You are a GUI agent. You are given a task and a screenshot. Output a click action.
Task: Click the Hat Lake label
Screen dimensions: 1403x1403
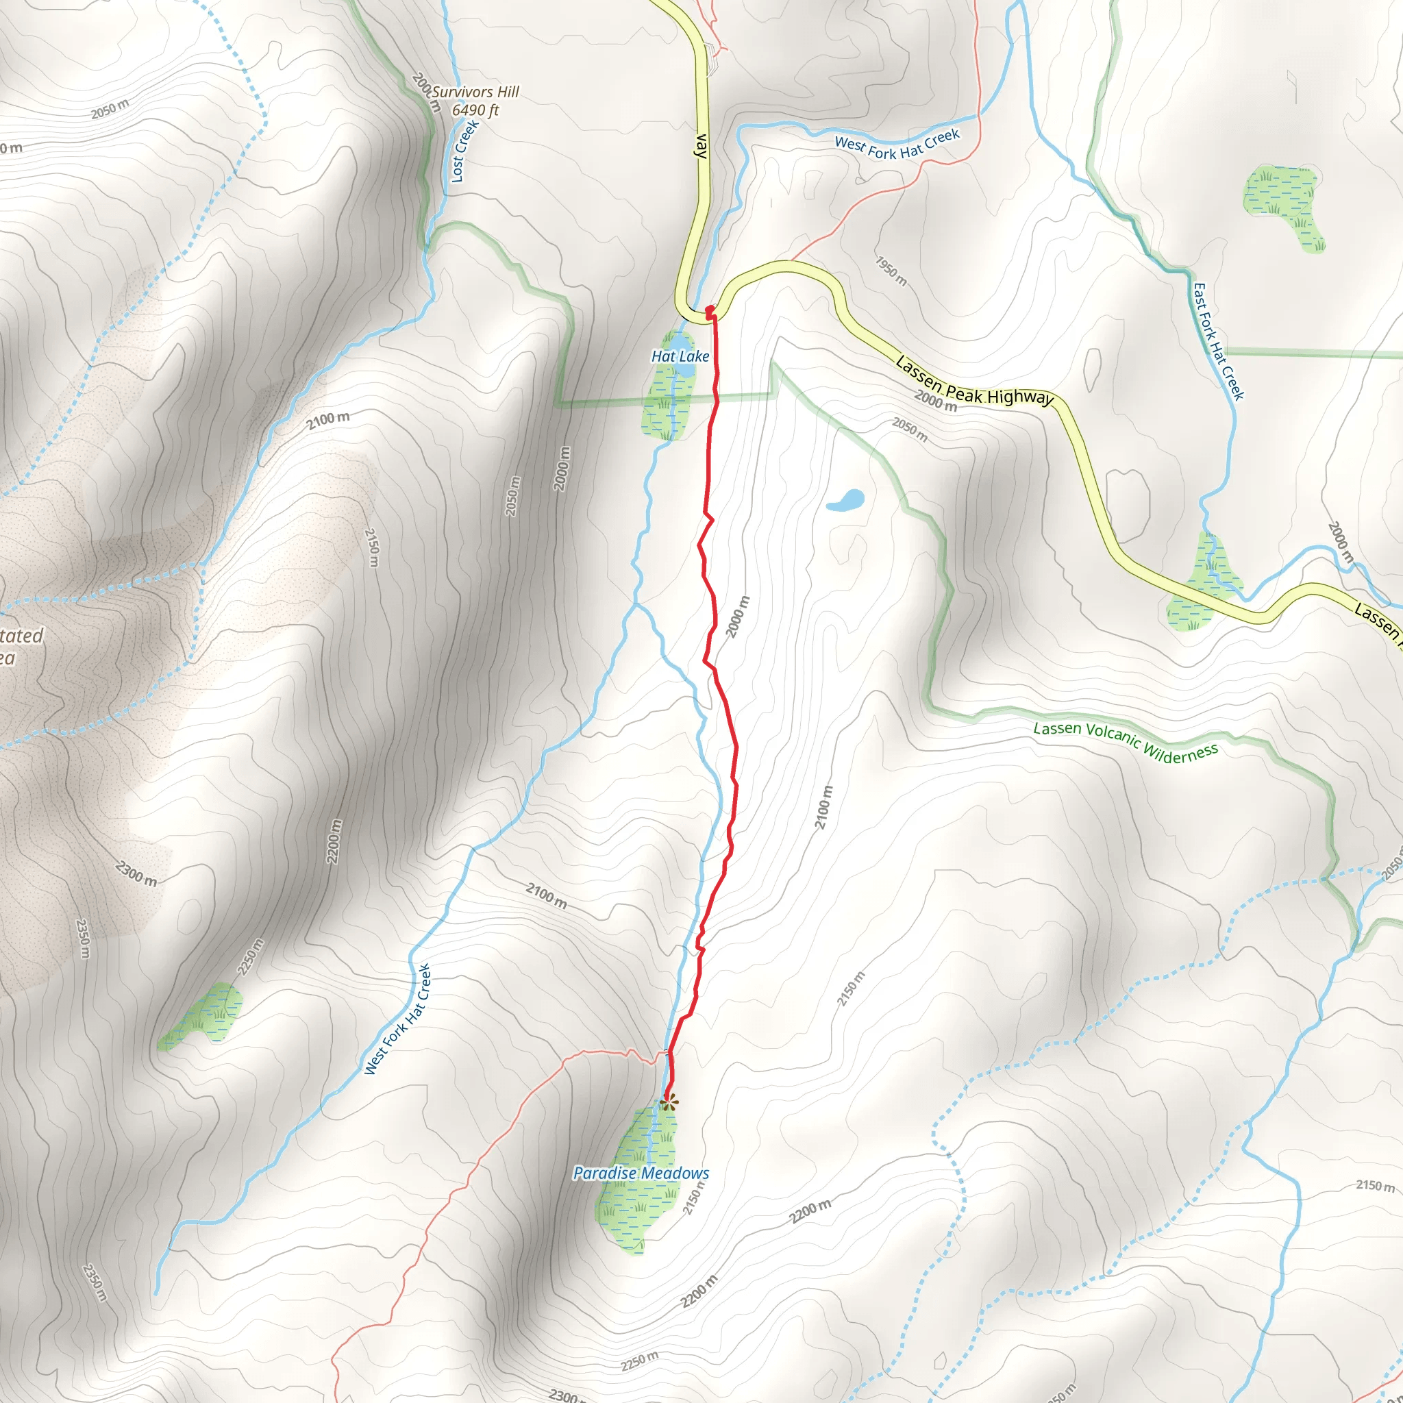pyautogui.click(x=680, y=356)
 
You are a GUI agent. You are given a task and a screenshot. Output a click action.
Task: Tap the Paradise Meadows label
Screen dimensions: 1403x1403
pyautogui.click(x=641, y=1173)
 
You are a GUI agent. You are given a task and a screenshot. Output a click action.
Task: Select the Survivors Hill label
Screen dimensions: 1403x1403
pyautogui.click(x=475, y=92)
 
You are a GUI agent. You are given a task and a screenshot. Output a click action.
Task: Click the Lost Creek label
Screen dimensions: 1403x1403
pyautogui.click(x=464, y=151)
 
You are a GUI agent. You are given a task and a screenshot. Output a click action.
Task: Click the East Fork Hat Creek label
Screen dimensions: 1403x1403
pyautogui.click(x=1219, y=341)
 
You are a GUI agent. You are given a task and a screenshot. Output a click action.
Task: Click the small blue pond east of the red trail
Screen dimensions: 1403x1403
pyautogui.click(x=845, y=500)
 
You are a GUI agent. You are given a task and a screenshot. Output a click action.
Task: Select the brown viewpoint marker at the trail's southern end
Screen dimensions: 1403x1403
pyautogui.click(x=669, y=1103)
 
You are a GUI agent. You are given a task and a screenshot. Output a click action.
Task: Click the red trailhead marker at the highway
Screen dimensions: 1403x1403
pyautogui.click(x=710, y=312)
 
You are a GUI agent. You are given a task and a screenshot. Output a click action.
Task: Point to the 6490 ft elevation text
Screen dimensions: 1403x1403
pyautogui.click(x=475, y=110)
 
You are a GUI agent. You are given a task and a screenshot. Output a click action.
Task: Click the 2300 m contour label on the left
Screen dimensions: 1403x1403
pyautogui.click(x=136, y=873)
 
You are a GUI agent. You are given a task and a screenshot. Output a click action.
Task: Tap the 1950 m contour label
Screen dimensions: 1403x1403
pyautogui.click(x=891, y=271)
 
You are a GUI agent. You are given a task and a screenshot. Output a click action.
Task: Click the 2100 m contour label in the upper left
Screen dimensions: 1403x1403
pyautogui.click(x=327, y=420)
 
